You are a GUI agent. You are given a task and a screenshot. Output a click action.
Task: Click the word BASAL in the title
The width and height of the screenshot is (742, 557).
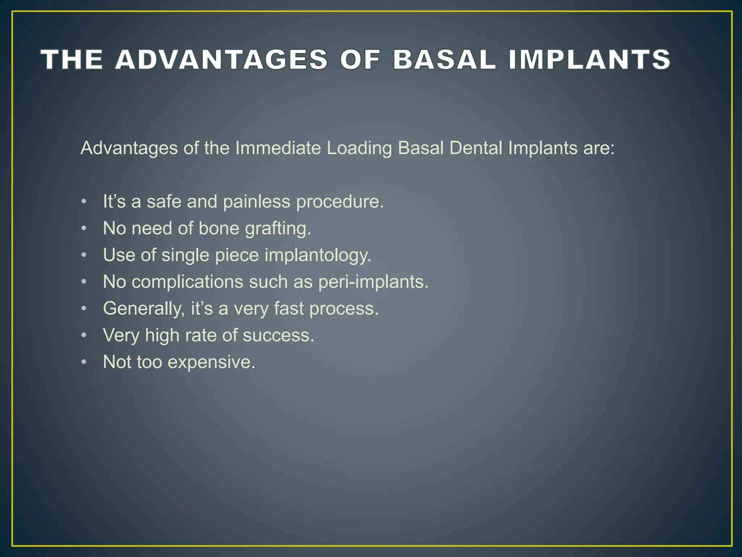coord(444,59)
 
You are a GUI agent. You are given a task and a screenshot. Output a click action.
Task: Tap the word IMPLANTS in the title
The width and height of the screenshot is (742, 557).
coord(589,59)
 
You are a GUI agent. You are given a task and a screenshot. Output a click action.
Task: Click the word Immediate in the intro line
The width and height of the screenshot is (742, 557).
coord(278,148)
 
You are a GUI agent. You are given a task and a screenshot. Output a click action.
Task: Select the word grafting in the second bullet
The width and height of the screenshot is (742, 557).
coord(278,228)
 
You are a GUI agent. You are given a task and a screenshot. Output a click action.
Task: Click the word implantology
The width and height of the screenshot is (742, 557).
coord(318,255)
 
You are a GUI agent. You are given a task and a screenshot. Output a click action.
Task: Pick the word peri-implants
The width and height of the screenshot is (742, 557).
coord(373,282)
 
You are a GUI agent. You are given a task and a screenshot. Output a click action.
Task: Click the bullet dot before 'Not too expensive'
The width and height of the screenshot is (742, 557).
coord(84,362)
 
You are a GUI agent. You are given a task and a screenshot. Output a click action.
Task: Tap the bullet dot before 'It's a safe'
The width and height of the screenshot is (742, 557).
coord(84,202)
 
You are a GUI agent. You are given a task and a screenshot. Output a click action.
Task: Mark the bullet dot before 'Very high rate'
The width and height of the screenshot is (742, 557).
coord(84,335)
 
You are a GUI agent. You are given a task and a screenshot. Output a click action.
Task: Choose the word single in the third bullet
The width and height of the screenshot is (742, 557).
coord(185,255)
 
